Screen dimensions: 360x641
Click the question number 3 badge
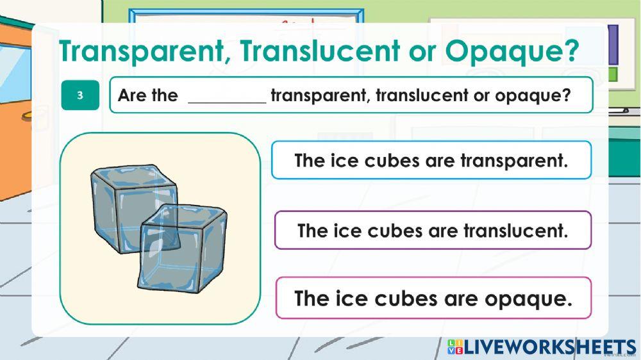point(80,95)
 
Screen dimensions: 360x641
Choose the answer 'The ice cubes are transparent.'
point(431,160)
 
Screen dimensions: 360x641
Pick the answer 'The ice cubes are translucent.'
point(433,230)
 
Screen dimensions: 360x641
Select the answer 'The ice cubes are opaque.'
point(433,298)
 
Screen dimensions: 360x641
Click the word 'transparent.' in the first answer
point(514,160)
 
